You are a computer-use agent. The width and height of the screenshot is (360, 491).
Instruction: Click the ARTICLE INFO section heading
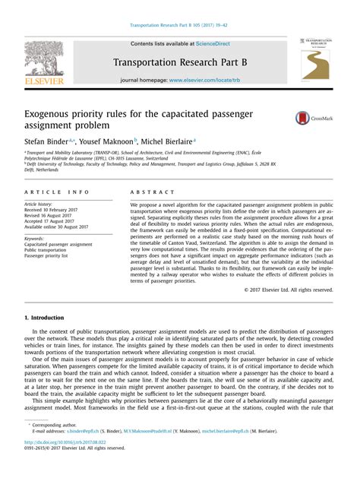pyautogui.click(x=57, y=192)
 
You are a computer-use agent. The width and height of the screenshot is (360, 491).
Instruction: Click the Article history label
pyautogui.click(x=41, y=204)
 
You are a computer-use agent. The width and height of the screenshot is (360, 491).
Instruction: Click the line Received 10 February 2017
pyautogui.click(x=53, y=211)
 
